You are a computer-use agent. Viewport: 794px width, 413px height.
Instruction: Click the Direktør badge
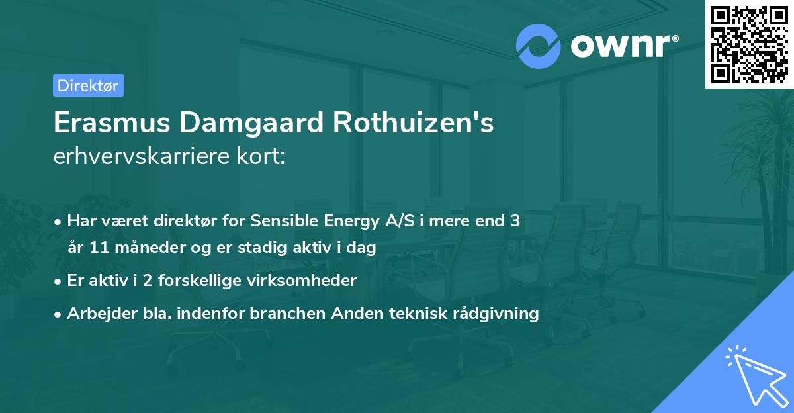tap(88, 85)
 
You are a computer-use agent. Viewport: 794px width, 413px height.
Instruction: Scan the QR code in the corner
tap(749, 44)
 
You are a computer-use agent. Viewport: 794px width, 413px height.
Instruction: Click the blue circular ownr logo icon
tap(539, 46)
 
